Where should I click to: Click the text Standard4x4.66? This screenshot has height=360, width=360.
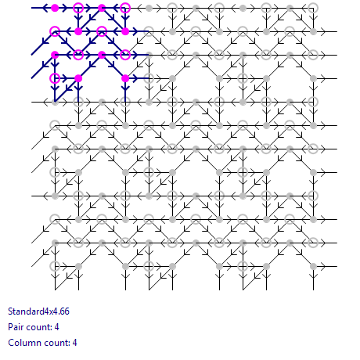[x=38, y=311]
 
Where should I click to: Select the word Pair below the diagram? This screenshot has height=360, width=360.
[x=16, y=327]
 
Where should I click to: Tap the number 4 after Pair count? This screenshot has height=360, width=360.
[x=57, y=327]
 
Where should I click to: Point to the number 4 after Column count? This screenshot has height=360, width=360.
[x=75, y=343]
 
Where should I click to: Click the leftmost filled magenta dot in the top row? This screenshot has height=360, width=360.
[x=55, y=8]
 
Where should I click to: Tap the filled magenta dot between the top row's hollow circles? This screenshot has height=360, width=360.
[x=102, y=8]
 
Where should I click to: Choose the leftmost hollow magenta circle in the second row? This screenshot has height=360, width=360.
[x=55, y=27]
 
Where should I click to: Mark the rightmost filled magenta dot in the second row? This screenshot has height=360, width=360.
[x=125, y=31]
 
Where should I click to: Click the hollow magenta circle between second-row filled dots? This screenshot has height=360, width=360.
[x=102, y=27]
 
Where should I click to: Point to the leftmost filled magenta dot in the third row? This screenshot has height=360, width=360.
[x=55, y=55]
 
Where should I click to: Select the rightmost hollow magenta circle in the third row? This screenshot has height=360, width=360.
[x=125, y=50]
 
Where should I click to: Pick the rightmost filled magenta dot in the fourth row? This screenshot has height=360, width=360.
[x=125, y=78]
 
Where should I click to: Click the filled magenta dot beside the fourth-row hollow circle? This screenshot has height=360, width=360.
[x=78, y=78]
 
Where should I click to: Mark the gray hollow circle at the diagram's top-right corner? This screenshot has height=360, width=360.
[x=313, y=3]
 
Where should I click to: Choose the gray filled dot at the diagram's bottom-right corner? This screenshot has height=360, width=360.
[x=313, y=266]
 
